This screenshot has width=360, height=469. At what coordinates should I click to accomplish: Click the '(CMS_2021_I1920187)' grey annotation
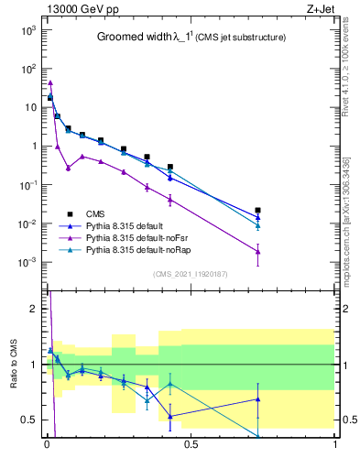[x=191, y=273]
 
